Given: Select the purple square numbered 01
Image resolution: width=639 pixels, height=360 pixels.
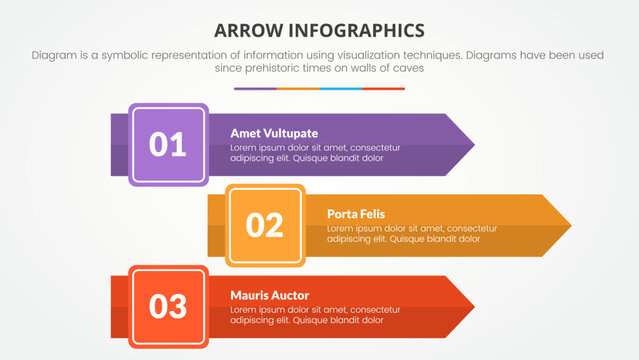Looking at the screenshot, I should (168, 145).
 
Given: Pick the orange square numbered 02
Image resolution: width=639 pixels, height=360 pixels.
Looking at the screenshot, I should (265, 225).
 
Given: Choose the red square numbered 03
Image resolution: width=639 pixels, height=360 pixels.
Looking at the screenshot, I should (168, 306).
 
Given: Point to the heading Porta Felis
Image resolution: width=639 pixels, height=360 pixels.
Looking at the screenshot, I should (356, 213).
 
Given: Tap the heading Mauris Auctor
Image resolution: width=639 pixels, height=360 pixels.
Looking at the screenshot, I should (269, 295).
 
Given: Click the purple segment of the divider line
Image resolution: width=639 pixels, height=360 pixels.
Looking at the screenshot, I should (255, 88).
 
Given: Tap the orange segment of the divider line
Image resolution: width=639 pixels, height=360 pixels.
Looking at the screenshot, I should (298, 88).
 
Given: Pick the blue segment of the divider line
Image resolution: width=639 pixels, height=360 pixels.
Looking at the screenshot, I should (341, 88).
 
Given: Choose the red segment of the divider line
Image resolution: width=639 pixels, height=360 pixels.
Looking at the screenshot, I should (383, 88).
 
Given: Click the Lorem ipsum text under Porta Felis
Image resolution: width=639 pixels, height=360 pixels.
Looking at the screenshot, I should (411, 233).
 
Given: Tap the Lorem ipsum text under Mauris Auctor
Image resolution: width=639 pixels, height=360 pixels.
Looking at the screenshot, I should (314, 314).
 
